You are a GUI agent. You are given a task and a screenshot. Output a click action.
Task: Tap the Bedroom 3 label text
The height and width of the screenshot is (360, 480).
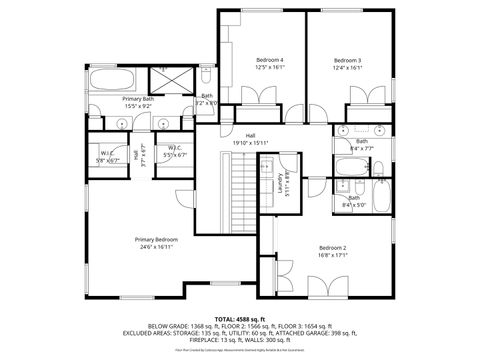pos(347,60)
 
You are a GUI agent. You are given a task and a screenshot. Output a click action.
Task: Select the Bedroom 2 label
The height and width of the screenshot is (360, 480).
pos(333,248)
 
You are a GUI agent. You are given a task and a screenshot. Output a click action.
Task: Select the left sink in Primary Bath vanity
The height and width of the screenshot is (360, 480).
pos(121,123)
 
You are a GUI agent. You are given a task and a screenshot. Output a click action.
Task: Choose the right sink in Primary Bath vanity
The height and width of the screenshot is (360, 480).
pos(165,123)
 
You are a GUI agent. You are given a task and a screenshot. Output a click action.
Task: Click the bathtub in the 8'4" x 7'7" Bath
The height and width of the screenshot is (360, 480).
pos(352,167)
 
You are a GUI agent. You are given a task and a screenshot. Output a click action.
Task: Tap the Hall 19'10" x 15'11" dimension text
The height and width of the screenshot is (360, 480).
pos(251,143)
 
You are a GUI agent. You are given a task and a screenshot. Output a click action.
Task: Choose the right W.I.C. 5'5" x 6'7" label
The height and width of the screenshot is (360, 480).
pos(174,152)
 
